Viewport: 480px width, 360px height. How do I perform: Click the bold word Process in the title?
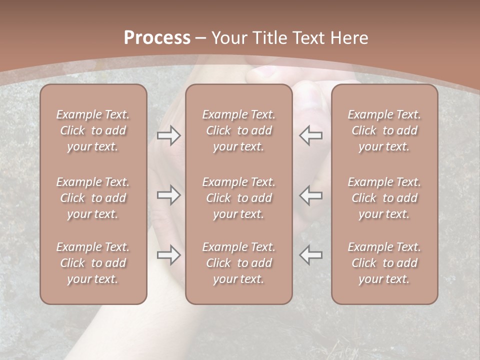(x=157, y=38)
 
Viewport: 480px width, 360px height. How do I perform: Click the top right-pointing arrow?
(x=169, y=135)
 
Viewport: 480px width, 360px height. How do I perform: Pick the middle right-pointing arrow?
(x=169, y=195)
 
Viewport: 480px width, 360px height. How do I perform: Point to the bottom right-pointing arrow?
(x=169, y=255)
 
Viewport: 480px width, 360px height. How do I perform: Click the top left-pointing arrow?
(x=311, y=135)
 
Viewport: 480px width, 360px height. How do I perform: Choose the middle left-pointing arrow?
(x=311, y=195)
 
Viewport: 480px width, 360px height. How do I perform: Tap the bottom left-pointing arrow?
(x=311, y=255)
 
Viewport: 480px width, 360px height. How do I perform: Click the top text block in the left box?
(x=93, y=130)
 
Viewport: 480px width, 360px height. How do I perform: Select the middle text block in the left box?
(x=93, y=198)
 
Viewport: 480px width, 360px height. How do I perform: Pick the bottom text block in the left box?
(x=93, y=263)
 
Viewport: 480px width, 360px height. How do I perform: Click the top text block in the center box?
(x=239, y=130)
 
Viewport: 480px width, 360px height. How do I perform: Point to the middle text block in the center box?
(x=239, y=198)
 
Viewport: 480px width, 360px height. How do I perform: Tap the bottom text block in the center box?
(x=239, y=263)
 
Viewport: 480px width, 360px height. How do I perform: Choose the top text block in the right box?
(x=384, y=130)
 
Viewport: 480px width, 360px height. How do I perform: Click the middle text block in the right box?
(x=384, y=198)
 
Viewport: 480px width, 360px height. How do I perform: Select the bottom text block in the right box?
(x=384, y=263)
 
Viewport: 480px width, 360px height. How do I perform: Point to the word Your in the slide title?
(x=228, y=38)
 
